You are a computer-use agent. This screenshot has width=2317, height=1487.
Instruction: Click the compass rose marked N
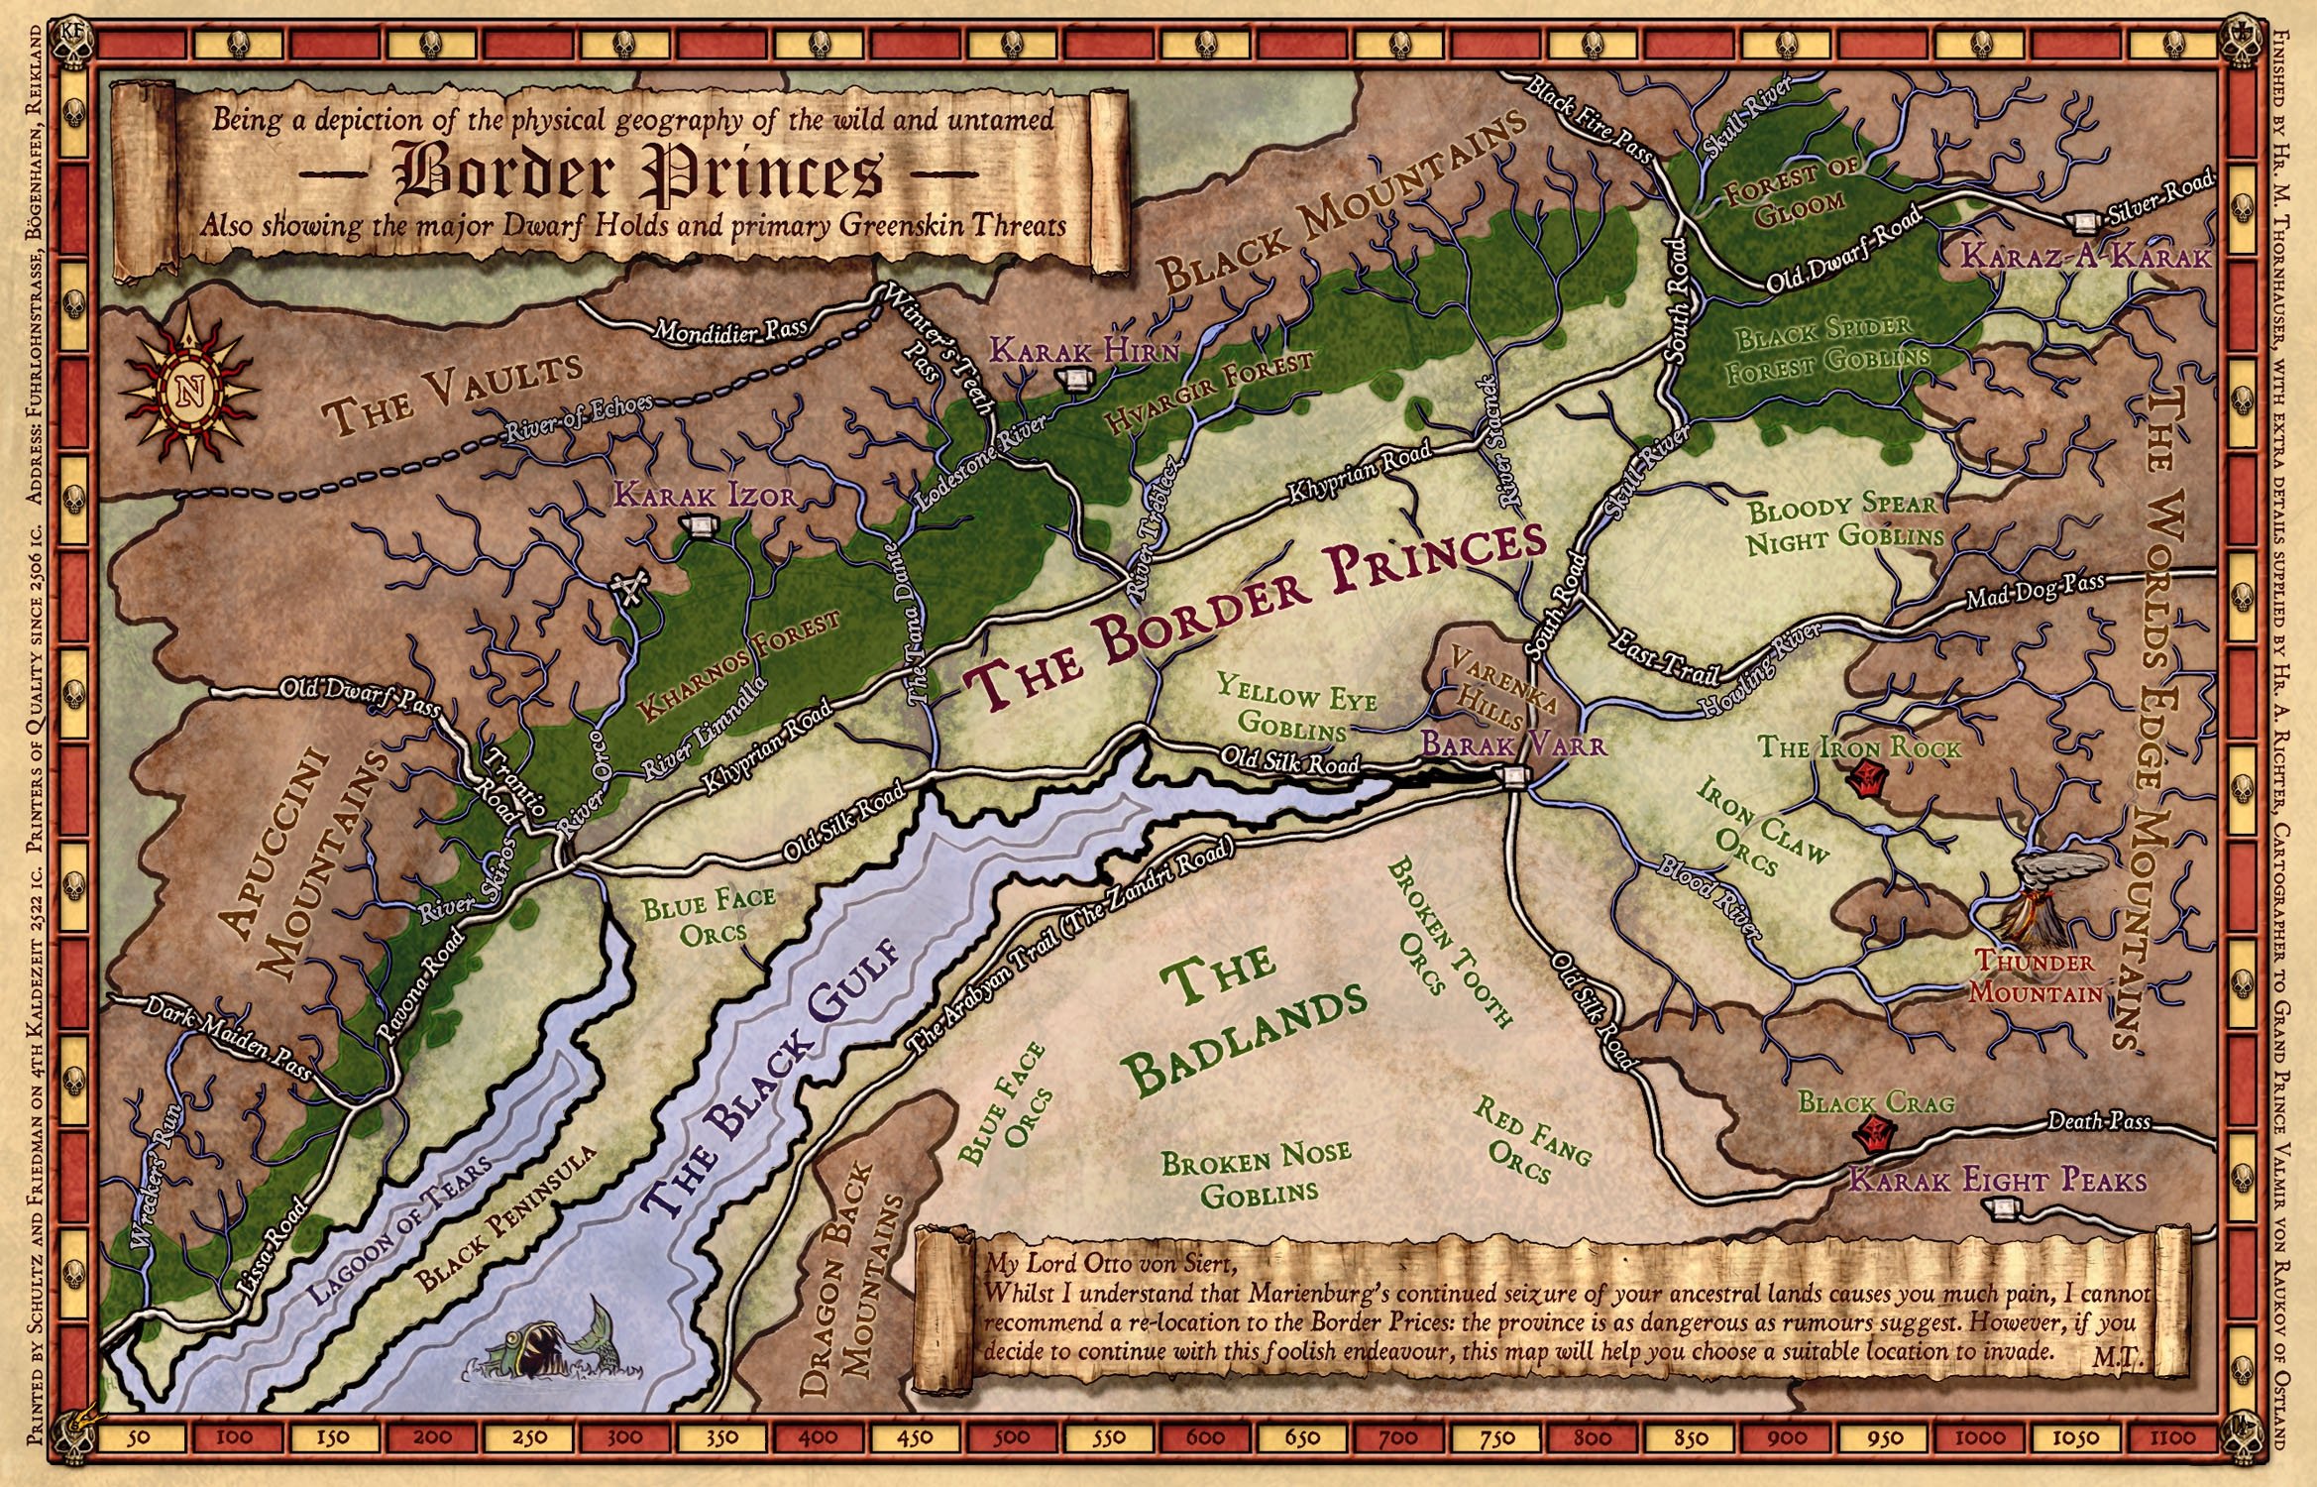click(x=187, y=387)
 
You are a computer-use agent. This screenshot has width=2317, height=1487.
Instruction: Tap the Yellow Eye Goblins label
click(x=1296, y=706)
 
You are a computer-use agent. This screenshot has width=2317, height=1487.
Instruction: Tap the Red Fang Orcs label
click(x=1531, y=1138)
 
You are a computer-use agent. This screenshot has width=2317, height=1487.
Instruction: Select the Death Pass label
click(x=2099, y=1121)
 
